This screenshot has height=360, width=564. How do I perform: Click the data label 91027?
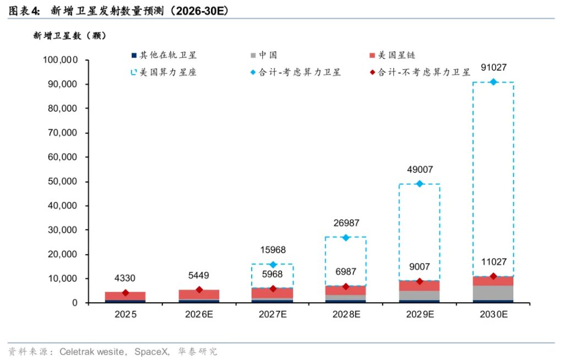pos(493,68)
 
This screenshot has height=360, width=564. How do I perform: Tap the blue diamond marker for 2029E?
pos(420,183)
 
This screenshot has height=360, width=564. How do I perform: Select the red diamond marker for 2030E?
pos(493,276)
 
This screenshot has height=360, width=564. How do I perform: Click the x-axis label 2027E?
pos(272,315)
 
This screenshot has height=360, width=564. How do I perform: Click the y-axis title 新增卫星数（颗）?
pos(69,36)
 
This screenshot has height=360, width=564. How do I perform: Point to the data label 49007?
pos(419,170)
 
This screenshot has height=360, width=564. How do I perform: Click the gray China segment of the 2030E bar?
pos(493,292)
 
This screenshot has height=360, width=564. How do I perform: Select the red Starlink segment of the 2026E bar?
pos(199,294)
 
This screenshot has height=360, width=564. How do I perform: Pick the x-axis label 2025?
pos(125,315)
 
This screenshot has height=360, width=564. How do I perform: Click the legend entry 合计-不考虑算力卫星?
pos(424,72)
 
